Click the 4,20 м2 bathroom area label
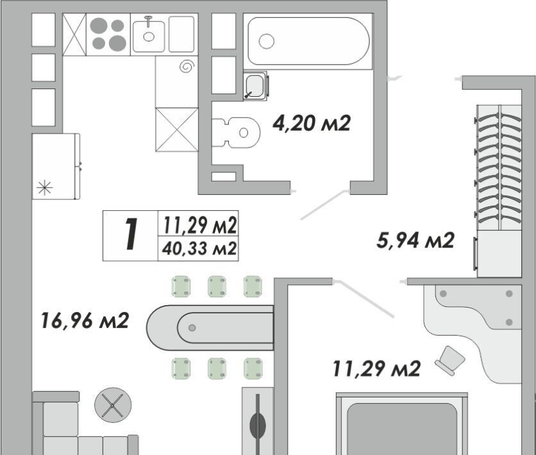312,123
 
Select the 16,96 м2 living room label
85,320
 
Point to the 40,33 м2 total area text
199,249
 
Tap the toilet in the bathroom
236,133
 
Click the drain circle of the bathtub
266,41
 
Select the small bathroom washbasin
255,85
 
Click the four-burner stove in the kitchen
108,34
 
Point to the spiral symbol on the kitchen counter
187,67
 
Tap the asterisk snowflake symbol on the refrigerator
45,188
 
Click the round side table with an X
113,405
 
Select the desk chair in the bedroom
450,360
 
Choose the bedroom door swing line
364,299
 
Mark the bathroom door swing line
324,204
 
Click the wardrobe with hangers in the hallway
499,190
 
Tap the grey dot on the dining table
192,328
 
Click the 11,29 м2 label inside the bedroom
376,368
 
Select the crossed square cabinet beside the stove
74,34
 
